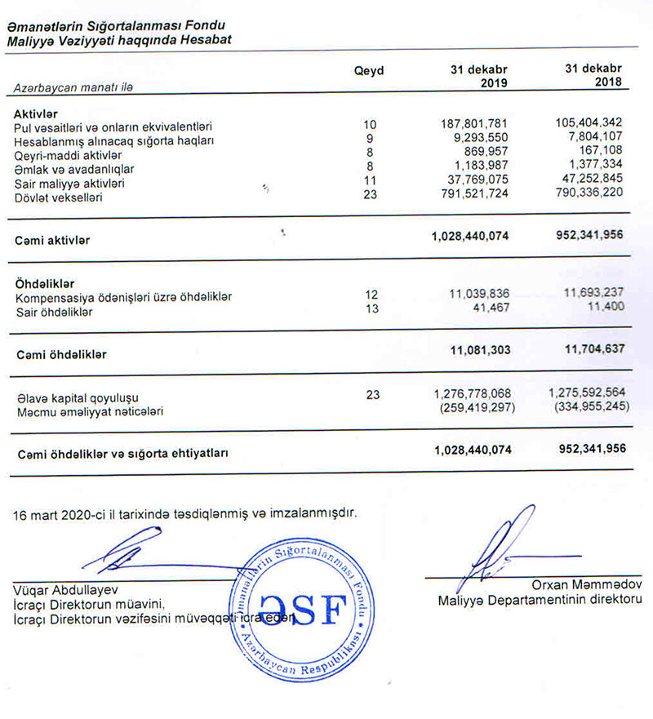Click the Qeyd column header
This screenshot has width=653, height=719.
[x=368, y=71]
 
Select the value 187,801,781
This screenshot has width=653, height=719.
[x=474, y=125]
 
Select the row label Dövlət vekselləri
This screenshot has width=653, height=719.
[x=59, y=198]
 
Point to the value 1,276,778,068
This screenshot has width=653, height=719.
[x=473, y=394]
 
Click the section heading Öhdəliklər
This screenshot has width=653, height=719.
[x=47, y=283]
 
